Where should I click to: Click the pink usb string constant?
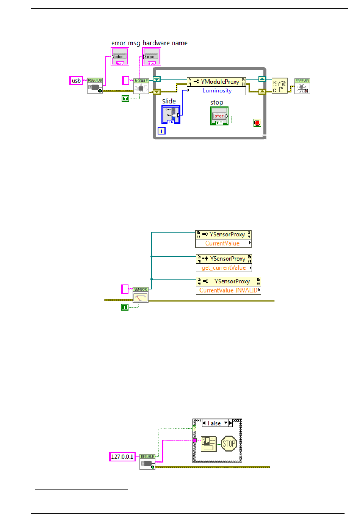76,81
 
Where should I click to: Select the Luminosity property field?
216,91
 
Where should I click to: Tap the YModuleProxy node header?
216,81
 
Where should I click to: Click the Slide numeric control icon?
171,114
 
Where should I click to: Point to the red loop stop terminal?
257,123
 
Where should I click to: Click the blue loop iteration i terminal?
161,131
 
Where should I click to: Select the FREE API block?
302,86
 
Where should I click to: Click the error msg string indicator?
120,57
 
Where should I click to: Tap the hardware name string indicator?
152,57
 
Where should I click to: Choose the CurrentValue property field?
222,244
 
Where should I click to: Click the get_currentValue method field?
224,268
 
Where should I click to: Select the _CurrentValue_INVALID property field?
228,291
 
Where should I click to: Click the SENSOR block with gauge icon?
141,295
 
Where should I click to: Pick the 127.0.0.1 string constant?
122,457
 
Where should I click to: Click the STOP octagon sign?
229,444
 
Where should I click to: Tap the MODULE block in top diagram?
141,86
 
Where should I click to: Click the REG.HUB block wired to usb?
95,86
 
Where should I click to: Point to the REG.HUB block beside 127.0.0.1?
147,462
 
